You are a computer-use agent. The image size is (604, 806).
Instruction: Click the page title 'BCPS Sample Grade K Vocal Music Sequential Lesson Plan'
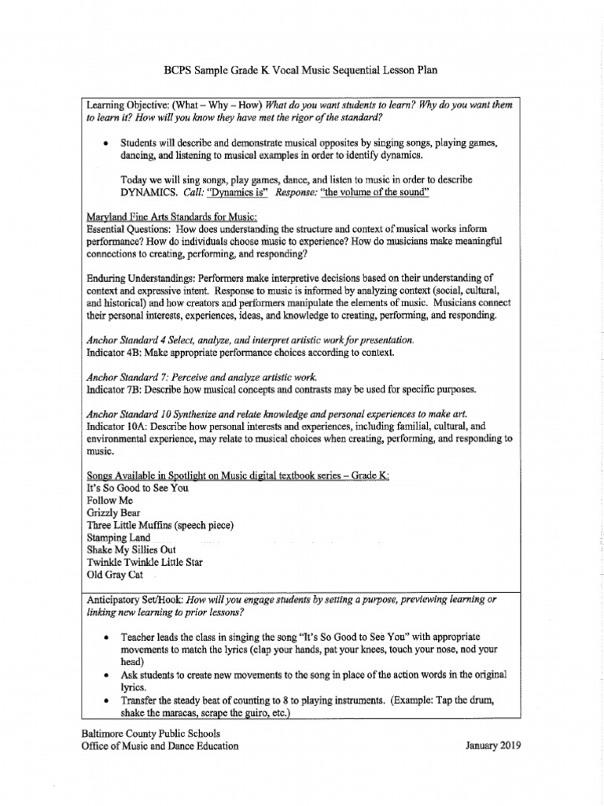click(301, 71)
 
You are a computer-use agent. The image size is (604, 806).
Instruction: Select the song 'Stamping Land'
click(118, 538)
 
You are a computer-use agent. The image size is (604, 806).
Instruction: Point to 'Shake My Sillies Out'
click(131, 549)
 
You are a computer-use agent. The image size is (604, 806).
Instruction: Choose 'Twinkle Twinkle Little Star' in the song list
click(144, 562)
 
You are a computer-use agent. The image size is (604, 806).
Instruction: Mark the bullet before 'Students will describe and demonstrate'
click(105, 144)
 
